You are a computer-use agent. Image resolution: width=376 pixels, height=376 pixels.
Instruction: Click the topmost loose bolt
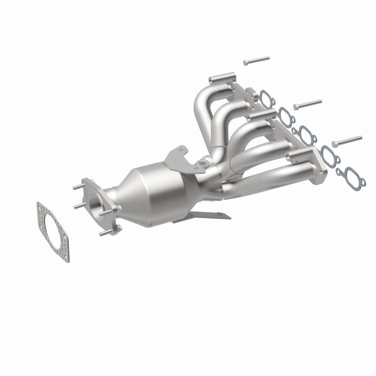pos(256,61)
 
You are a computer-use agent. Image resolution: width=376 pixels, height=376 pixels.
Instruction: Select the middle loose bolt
pos(307,104)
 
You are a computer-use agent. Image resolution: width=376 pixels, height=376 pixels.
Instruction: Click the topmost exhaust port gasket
pos(266,97)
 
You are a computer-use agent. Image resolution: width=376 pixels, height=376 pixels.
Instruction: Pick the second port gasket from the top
pos(285,114)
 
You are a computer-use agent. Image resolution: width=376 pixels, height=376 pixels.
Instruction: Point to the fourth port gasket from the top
pos(328,152)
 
